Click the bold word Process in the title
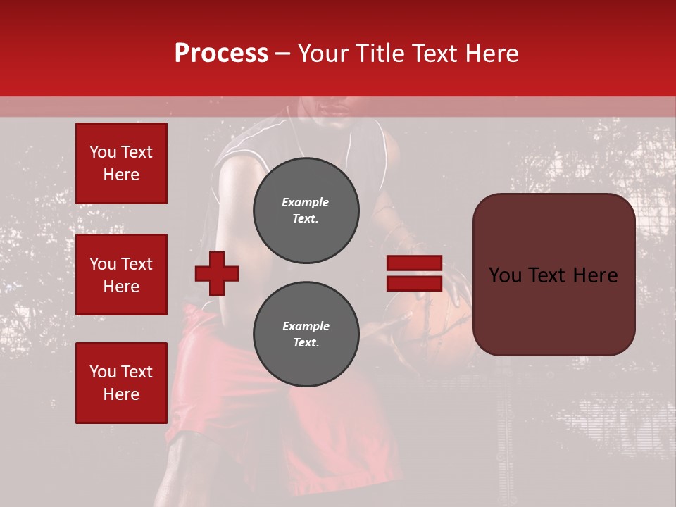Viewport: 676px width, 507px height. click(221, 54)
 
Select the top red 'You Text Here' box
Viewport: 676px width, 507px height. click(121, 163)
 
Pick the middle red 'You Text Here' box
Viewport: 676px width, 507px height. click(121, 275)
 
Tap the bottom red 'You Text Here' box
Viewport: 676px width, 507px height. click(121, 383)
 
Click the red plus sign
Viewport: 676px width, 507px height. click(217, 273)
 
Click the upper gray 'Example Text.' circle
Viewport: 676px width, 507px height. click(306, 211)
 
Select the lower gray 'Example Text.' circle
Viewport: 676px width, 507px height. click(306, 334)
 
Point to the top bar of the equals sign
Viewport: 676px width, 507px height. click(414, 263)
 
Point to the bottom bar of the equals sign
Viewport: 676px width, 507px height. click(414, 283)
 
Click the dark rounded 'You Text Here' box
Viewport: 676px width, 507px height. click(553, 275)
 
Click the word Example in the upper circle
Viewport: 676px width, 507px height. click(306, 202)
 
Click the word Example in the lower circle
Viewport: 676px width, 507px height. click(306, 326)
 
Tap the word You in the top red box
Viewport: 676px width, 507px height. click(103, 152)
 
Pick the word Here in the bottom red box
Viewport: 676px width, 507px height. click(121, 394)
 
